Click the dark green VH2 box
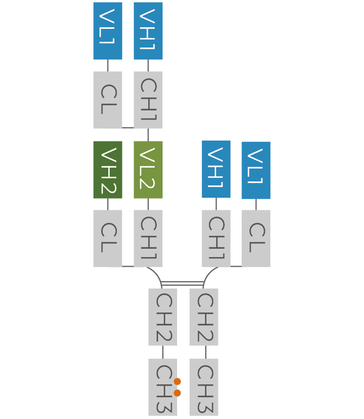click(108, 170)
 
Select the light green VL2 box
click(148, 170)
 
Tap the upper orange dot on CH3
click(178, 381)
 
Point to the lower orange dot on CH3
click(178, 393)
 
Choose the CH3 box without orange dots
click(204, 387)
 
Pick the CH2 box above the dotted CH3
click(162, 317)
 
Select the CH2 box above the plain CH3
click(204, 317)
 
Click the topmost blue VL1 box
click(108, 31)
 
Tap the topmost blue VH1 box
click(148, 31)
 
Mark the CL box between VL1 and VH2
click(108, 100)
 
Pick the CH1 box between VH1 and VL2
click(148, 100)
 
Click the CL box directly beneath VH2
click(108, 239)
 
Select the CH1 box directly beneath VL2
click(148, 239)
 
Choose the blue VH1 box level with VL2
click(216, 169)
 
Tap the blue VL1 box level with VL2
click(256, 170)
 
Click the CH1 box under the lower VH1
click(216, 239)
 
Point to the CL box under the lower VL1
click(256, 239)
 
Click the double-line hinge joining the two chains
click(182, 283)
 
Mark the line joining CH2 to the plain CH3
click(206, 352)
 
